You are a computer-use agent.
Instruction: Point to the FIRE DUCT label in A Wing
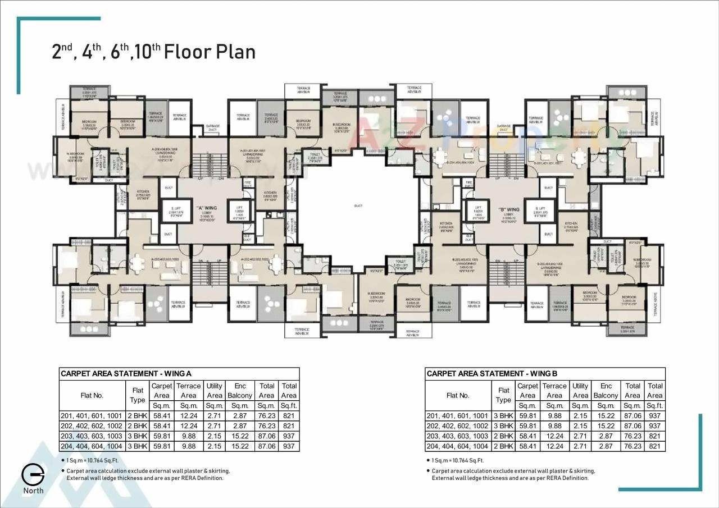pyautogui.click(x=247, y=184)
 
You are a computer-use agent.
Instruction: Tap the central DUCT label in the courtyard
pyautogui.click(x=358, y=206)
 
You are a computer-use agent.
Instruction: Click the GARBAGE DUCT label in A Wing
pyautogui.click(x=212, y=128)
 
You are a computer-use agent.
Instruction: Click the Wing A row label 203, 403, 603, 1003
pyautogui.click(x=92, y=436)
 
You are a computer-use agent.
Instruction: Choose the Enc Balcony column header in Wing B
pyautogui.click(x=606, y=391)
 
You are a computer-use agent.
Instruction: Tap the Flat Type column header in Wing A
pyautogui.click(x=138, y=395)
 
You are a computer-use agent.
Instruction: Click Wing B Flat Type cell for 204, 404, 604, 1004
pyautogui.click(x=503, y=446)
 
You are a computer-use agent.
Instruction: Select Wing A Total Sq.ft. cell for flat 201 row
pyautogui.click(x=289, y=416)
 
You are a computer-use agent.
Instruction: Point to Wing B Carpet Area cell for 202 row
pyautogui.click(x=527, y=426)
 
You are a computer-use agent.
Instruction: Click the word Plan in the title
pyautogui.click(x=235, y=52)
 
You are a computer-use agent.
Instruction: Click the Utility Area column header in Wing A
pyautogui.click(x=214, y=391)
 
